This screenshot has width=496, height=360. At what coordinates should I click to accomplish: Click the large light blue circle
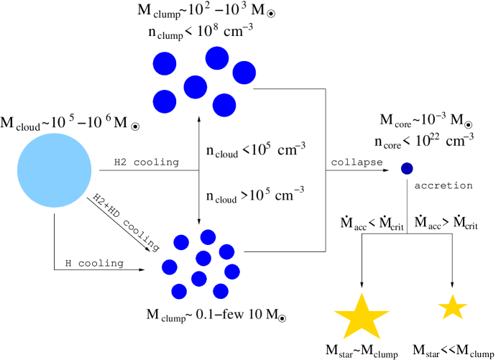(x=55, y=170)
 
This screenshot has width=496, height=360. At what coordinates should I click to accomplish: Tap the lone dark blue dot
(x=407, y=168)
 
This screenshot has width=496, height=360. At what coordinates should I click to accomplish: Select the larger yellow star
(x=362, y=318)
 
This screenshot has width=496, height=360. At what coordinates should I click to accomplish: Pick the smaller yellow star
(x=452, y=308)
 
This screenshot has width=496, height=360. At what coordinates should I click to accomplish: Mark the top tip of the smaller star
(x=452, y=295)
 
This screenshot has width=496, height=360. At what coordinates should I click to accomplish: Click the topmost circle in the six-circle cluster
(x=217, y=58)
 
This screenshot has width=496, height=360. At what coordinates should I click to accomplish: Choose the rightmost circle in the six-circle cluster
(x=244, y=73)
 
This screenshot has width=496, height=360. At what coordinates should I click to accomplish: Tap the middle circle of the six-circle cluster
(x=196, y=88)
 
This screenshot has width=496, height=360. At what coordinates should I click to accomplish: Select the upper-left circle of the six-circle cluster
(x=165, y=63)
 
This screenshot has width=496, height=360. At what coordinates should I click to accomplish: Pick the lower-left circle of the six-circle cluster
(x=165, y=101)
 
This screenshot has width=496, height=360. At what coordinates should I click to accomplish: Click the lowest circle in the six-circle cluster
(x=224, y=105)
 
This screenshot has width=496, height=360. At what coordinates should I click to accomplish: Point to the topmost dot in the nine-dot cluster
(x=208, y=237)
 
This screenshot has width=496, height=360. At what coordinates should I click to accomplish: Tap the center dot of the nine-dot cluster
(x=203, y=258)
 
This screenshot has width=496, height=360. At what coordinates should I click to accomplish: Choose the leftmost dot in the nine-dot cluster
(x=170, y=267)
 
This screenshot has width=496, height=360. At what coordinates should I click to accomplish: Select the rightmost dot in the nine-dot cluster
(x=231, y=272)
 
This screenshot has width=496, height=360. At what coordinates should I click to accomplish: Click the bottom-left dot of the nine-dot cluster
(x=179, y=291)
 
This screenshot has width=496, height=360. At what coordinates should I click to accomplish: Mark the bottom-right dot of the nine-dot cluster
(x=221, y=291)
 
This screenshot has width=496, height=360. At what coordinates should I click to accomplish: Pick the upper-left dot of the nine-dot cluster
(x=181, y=242)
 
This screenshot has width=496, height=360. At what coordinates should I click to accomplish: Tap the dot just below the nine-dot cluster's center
(x=199, y=279)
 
